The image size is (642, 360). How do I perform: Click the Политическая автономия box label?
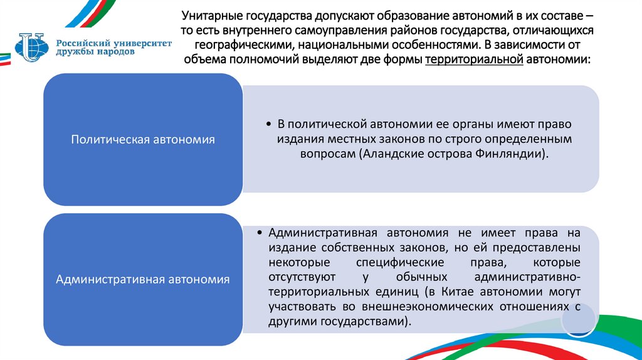pyautogui.click(x=143, y=139)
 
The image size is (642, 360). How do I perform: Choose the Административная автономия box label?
pyautogui.click(x=143, y=279)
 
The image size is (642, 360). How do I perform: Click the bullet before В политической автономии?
pyautogui.click(x=268, y=124)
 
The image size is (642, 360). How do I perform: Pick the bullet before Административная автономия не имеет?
pyautogui.click(x=260, y=233)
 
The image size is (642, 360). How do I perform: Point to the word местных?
pyautogui.click(x=347, y=139)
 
